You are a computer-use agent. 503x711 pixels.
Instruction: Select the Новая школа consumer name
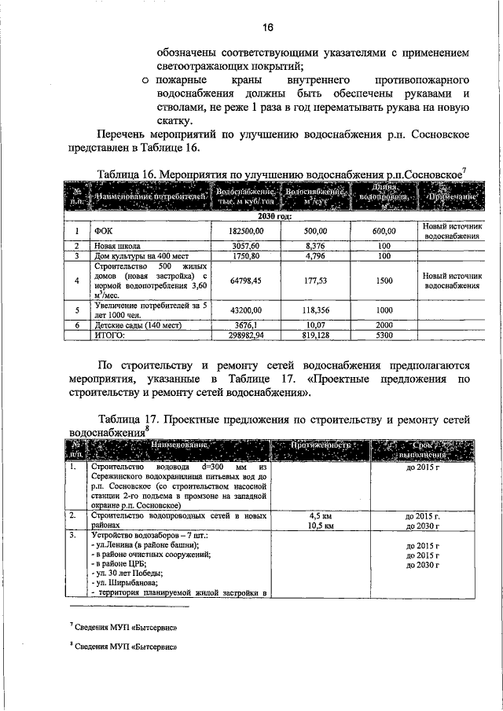119,246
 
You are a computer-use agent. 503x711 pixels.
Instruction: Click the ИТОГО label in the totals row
113,334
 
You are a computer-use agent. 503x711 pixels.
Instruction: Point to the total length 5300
384,334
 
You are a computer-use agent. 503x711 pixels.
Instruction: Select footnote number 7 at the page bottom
71,626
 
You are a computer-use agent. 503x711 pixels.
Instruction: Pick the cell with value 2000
384,324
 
